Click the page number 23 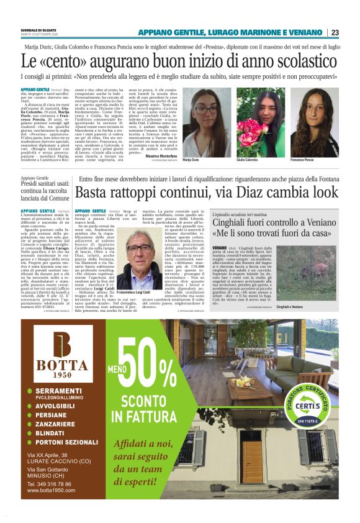click(x=335, y=32)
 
